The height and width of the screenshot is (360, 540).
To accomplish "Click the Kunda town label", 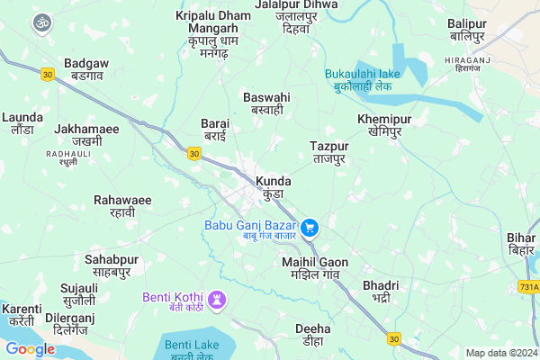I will (274, 187).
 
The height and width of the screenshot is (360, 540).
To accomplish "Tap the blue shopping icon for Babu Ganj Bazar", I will (310, 228).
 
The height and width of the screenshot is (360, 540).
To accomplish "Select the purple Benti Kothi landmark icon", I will (217, 298).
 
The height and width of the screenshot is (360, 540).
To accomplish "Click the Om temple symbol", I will (40, 22).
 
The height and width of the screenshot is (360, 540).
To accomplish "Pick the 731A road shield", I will (529, 286).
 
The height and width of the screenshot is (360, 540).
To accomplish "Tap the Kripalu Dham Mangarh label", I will (213, 28).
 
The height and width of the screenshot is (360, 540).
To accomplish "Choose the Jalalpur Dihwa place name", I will (296, 16).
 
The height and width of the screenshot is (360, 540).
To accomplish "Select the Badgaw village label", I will (87, 70).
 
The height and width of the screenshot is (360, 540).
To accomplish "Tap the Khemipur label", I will (383, 125).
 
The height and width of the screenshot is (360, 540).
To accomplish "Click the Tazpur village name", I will (328, 151).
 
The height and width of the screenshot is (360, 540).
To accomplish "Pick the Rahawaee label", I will (122, 205).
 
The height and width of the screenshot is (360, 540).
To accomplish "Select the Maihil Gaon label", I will (314, 267).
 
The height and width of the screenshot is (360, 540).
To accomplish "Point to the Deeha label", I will (312, 335).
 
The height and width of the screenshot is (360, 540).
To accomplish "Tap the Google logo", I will (30, 349).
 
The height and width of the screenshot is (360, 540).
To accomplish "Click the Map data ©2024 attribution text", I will (500, 353).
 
